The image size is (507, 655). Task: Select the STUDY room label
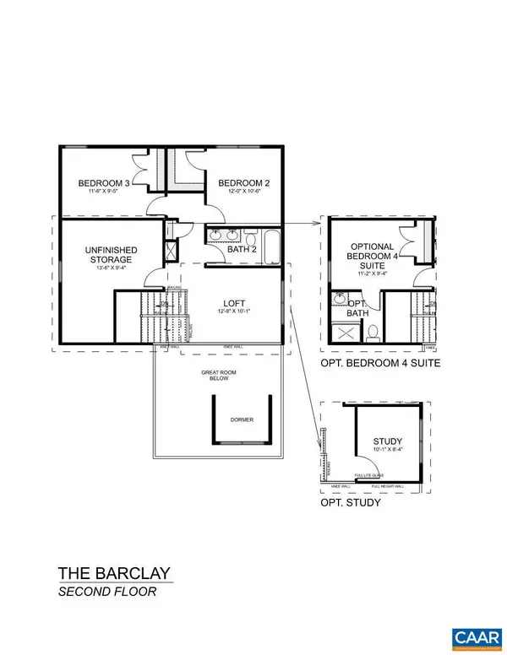(x=387, y=441)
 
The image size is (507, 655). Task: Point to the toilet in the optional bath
(x=372, y=333)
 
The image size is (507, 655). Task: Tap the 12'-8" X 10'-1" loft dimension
(x=235, y=311)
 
